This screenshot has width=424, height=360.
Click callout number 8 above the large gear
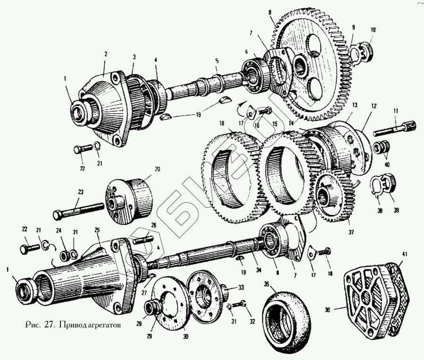point(270,11)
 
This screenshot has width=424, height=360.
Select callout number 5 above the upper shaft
point(217,61)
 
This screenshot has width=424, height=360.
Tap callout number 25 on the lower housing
point(97,230)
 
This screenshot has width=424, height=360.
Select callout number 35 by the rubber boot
point(266,284)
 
